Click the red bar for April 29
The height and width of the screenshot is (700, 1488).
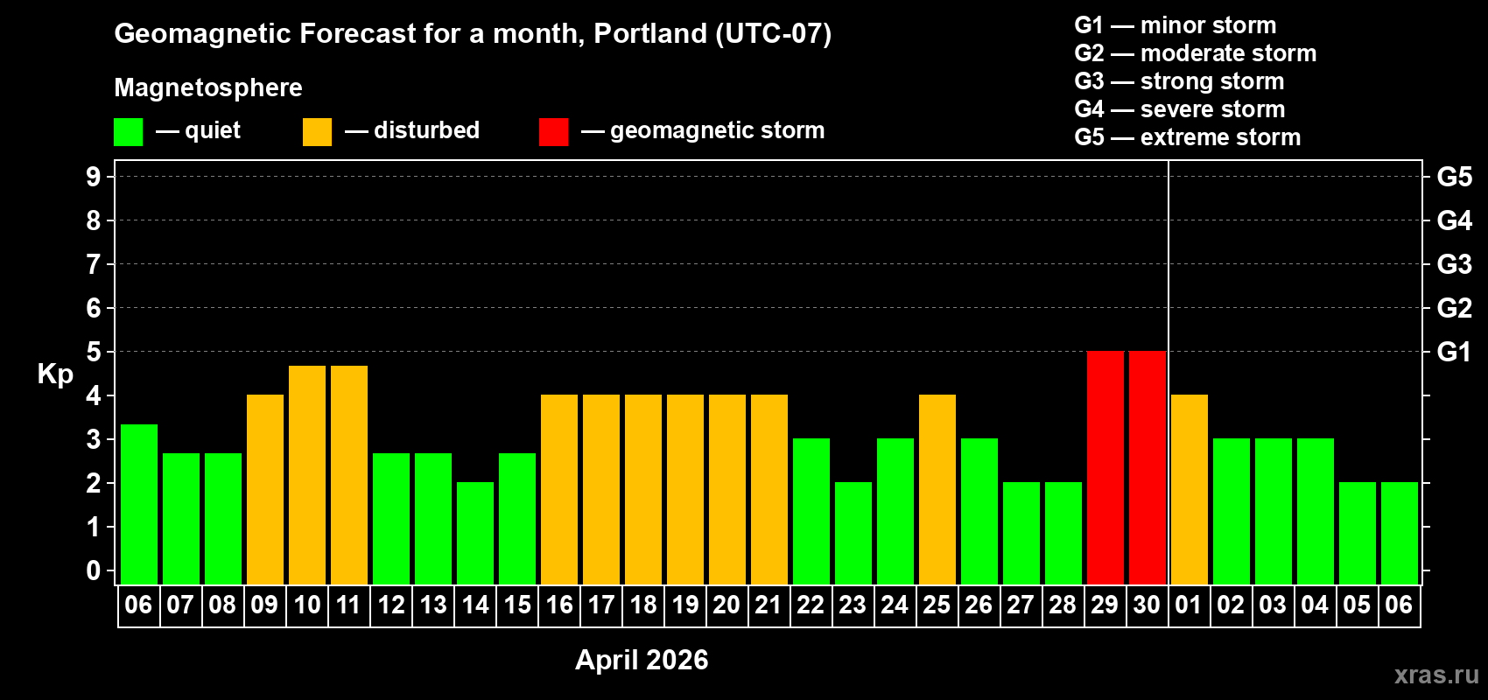pos(1105,467)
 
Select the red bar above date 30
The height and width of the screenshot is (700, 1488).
pos(1147,467)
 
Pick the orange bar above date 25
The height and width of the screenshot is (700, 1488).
pos(937,489)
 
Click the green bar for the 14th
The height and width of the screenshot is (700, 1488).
pos(474,533)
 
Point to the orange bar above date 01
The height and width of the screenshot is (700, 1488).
pos(1189,489)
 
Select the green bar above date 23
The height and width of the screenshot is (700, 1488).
pos(853,533)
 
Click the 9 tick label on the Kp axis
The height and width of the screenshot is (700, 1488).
pos(94,177)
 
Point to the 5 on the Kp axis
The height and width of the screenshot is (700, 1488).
pos(94,352)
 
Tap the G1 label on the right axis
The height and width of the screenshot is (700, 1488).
pos(1454,352)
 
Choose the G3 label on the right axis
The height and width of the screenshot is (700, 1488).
pos(1454,264)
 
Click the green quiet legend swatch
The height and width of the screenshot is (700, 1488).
pos(128,132)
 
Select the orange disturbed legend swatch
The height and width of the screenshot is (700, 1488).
pos(317,132)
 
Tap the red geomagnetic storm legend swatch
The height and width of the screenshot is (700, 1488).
pos(553,132)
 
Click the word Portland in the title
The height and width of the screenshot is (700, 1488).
pos(649,34)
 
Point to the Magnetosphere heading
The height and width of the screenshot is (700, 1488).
pos(208,87)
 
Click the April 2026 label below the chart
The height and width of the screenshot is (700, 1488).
pos(642,660)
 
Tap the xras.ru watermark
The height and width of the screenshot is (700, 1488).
pos(1435,675)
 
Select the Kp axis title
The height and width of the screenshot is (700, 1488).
pos(55,374)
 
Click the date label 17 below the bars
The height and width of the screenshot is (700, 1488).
pos(600,605)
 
